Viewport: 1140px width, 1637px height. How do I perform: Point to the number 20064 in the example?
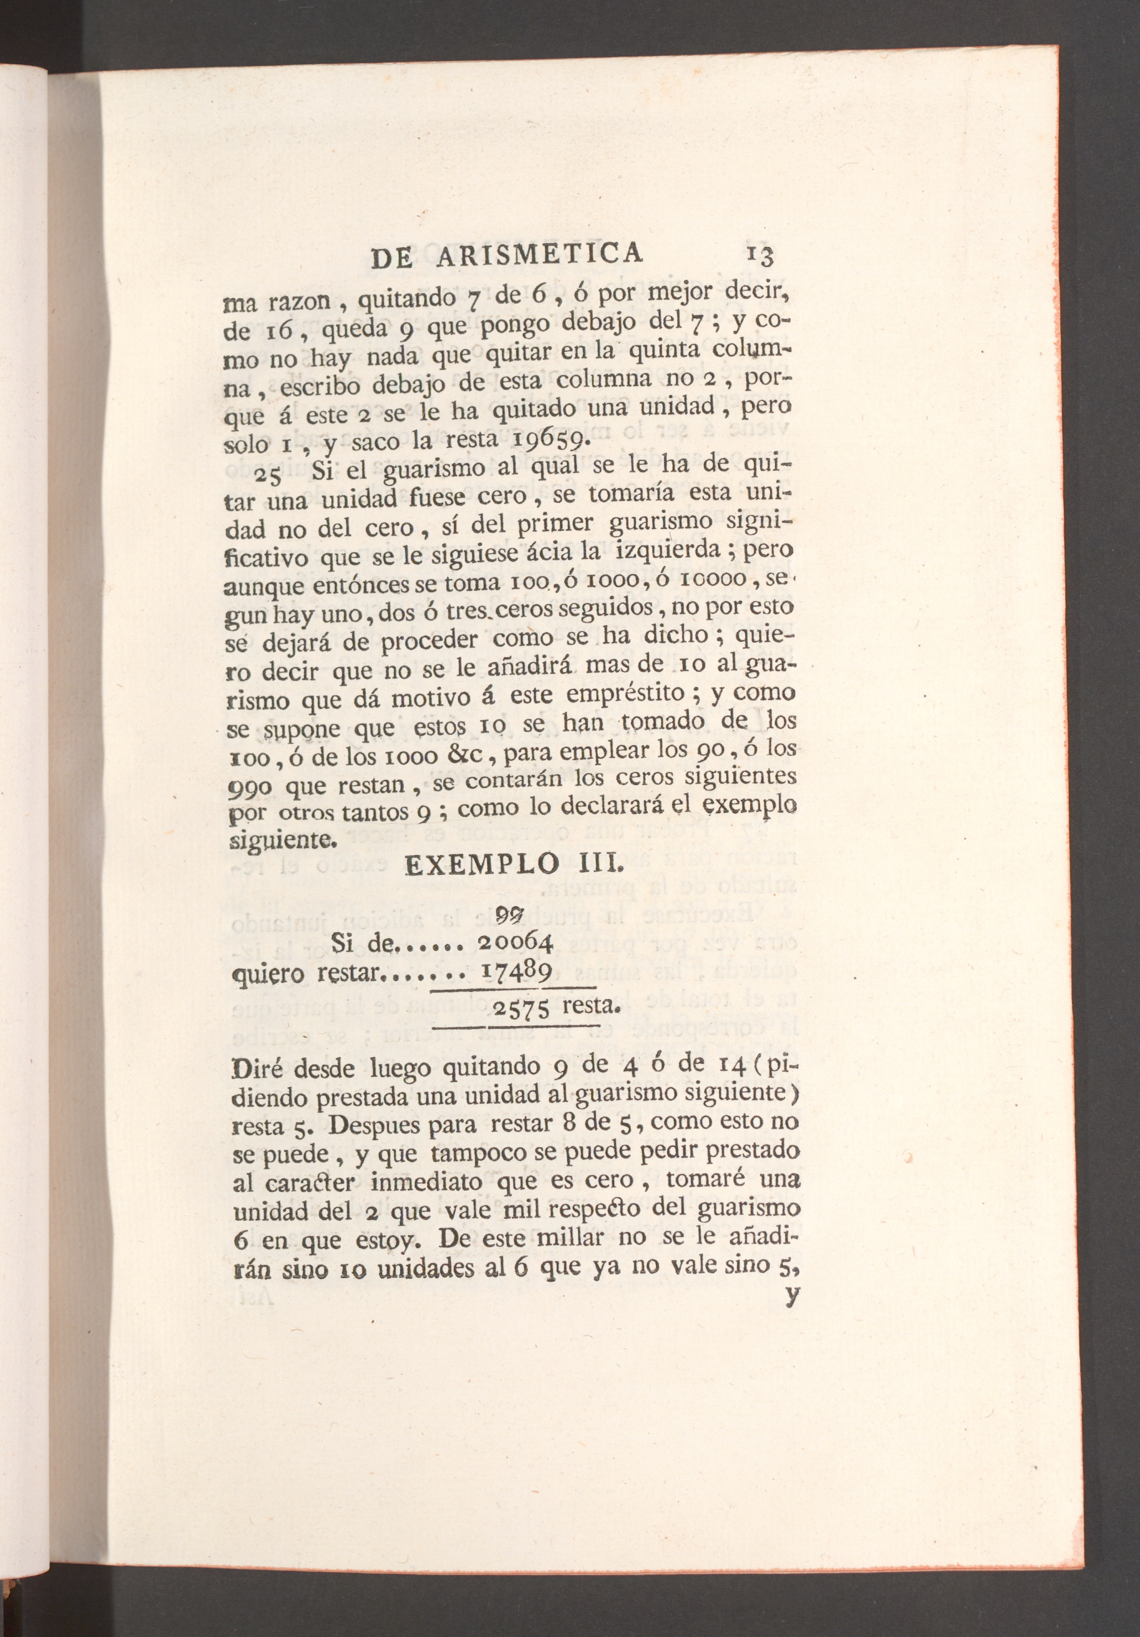pyautogui.click(x=516, y=943)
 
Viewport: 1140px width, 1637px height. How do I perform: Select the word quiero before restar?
pyautogui.click(x=265, y=974)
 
